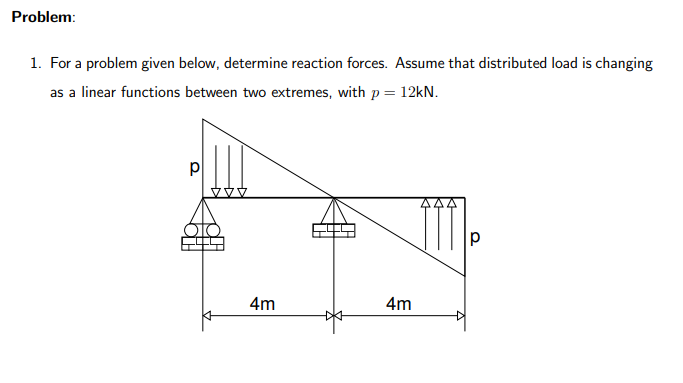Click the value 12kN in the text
point(413,92)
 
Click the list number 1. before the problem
point(35,63)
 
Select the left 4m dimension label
point(264,302)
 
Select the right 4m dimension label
point(398,302)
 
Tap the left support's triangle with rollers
point(204,216)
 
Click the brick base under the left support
point(203,242)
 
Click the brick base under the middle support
point(334,232)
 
